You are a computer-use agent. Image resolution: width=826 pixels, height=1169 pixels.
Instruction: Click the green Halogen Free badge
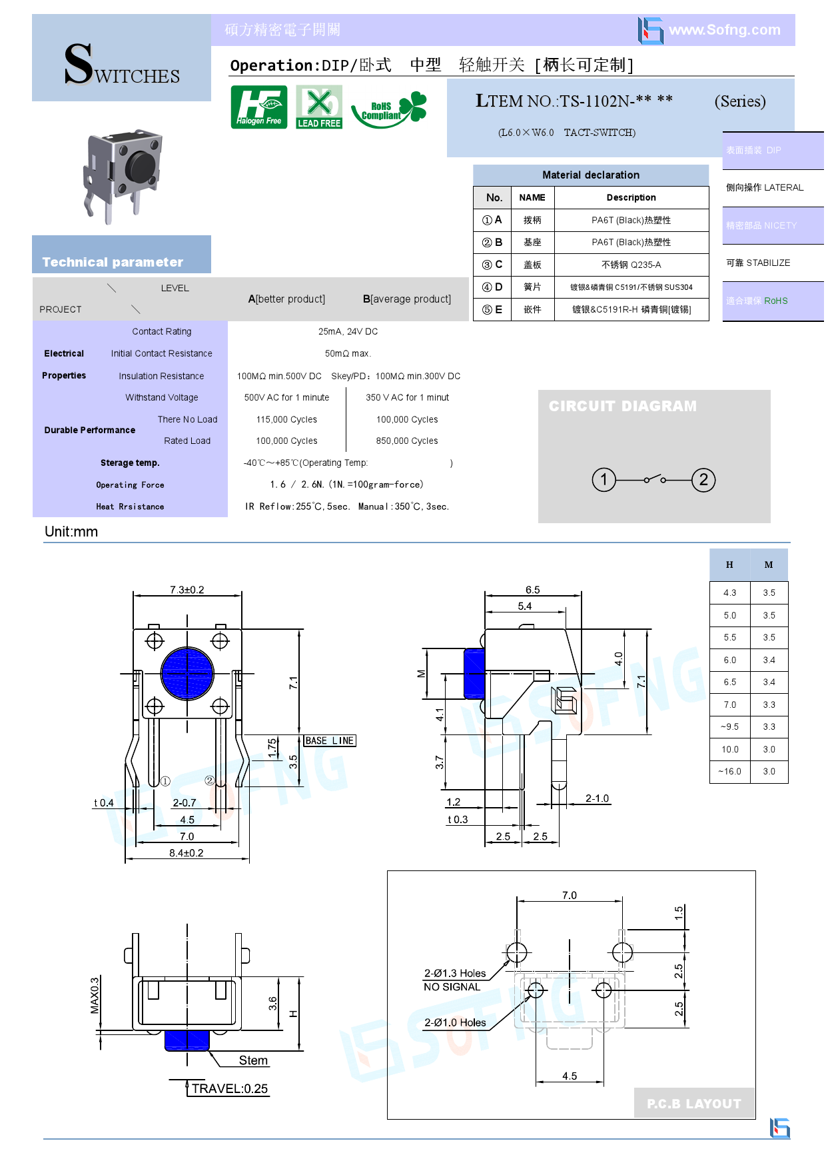[259, 107]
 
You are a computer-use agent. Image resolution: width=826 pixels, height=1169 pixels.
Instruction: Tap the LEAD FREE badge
[319, 107]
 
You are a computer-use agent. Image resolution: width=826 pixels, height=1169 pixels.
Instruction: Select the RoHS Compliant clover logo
[389, 108]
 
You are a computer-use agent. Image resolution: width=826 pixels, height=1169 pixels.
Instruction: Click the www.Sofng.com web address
[724, 30]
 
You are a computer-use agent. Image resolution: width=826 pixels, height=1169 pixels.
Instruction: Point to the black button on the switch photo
[141, 165]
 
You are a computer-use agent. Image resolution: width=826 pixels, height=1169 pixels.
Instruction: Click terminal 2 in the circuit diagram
[703, 480]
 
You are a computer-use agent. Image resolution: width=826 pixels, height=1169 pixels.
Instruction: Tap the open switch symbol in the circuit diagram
[654, 479]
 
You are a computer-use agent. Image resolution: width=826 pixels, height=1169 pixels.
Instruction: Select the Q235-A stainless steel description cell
[631, 265]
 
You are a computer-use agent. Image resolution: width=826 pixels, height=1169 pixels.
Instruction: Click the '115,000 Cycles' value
[286, 419]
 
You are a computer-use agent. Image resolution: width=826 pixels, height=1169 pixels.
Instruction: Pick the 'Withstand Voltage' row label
[162, 397]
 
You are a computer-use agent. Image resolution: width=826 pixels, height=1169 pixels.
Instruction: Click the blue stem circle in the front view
[187, 674]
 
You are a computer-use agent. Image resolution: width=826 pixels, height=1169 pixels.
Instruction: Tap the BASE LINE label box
[330, 740]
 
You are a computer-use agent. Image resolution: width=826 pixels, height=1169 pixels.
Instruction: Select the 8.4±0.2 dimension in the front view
[187, 852]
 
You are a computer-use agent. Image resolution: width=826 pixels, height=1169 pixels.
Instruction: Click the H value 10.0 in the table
[730, 749]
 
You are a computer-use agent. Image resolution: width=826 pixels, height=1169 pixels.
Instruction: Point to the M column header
[769, 565]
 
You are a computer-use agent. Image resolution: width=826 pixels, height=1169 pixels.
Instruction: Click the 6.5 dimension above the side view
[532, 590]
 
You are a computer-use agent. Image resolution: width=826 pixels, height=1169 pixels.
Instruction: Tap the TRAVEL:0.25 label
[229, 1088]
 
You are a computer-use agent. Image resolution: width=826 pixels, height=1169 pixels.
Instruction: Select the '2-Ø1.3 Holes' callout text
[455, 973]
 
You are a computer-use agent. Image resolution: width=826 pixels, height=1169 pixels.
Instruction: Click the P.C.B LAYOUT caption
[693, 1104]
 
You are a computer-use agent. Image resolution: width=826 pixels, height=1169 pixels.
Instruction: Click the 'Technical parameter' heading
[113, 262]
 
